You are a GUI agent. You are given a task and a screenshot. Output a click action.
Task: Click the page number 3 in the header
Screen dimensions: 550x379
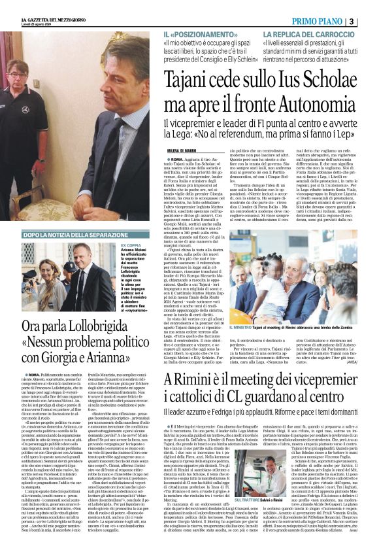coord(370,21)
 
